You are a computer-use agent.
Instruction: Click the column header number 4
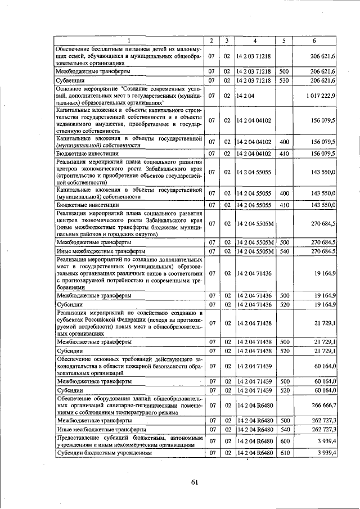255,40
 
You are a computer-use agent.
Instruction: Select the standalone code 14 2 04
246,96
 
